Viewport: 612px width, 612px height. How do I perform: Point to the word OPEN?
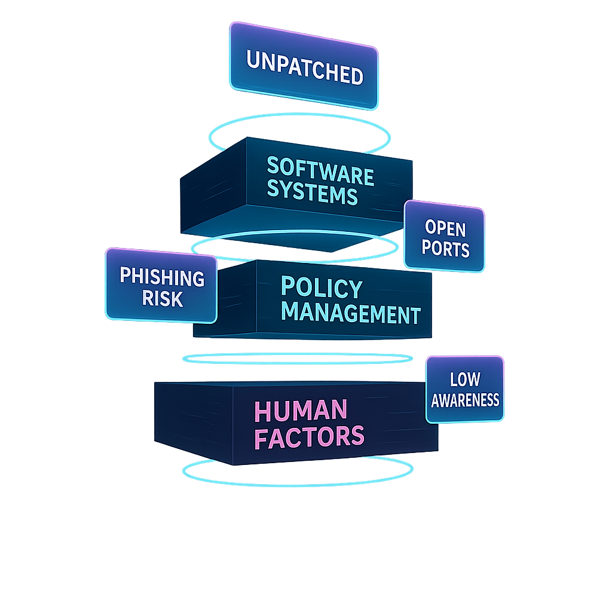(x=445, y=228)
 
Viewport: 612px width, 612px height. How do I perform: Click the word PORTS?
(x=445, y=248)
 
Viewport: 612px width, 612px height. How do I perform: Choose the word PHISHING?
(x=162, y=277)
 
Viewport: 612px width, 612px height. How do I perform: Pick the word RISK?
(x=162, y=298)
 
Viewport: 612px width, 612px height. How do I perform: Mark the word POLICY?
(x=322, y=288)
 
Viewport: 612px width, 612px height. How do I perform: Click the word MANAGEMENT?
(x=351, y=313)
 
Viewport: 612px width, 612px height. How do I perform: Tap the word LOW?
(x=465, y=379)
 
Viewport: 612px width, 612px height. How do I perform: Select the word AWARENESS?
(x=465, y=399)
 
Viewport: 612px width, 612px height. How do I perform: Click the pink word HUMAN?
(x=301, y=411)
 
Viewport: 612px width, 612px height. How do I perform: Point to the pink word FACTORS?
(x=309, y=436)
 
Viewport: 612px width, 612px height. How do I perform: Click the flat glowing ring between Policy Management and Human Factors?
(x=297, y=359)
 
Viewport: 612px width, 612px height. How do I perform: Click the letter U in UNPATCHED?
(x=253, y=60)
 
